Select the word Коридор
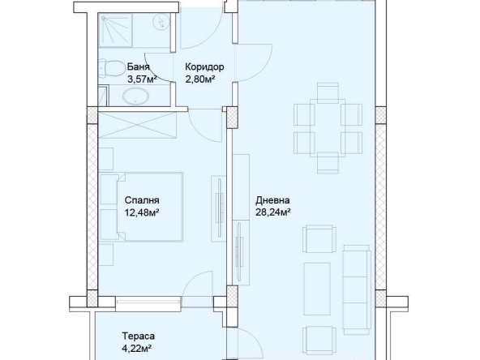tap(204, 67)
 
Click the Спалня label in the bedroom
tap(142, 201)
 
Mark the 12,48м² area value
tap(141, 213)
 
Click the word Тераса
tap(138, 336)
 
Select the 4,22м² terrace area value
tap(138, 348)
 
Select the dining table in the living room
tap(327, 126)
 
